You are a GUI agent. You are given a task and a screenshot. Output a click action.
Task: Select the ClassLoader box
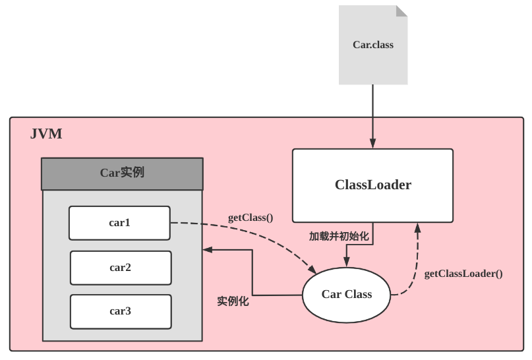372,185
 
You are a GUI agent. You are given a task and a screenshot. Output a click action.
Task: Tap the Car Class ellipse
346,295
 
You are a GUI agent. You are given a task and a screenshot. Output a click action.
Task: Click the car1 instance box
119,223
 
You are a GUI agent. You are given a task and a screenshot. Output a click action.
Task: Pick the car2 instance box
120,268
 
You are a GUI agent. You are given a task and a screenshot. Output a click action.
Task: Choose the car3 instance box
120,311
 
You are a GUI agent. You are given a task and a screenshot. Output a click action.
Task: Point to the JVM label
46,135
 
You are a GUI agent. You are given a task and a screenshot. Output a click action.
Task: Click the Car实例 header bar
122,173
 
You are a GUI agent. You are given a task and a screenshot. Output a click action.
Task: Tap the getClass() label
251,217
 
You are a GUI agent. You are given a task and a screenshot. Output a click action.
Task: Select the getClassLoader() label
463,273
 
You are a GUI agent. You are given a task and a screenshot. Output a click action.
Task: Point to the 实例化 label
233,301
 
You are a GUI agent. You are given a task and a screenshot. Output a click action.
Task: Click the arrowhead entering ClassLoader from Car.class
372,144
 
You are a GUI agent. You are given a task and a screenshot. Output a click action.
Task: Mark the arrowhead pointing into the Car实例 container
208,250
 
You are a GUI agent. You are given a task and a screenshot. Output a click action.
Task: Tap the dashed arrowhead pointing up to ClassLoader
417,227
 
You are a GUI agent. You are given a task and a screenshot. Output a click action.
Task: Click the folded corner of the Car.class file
401,11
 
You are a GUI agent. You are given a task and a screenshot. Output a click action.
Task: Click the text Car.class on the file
372,45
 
